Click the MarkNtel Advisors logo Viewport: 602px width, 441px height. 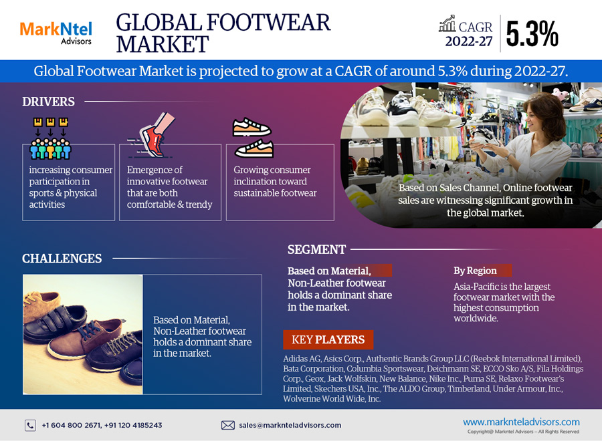(x=56, y=33)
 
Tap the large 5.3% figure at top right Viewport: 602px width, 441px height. (x=532, y=34)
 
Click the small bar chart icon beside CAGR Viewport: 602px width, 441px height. (x=447, y=23)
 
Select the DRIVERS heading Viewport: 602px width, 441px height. (x=48, y=102)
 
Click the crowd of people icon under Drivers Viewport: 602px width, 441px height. (x=50, y=138)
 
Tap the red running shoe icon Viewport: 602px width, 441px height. (x=152, y=135)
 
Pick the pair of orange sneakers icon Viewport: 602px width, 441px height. (x=253, y=138)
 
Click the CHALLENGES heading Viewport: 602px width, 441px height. (x=62, y=259)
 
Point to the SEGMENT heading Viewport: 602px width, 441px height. (x=317, y=250)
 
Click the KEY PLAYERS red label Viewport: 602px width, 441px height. (x=328, y=339)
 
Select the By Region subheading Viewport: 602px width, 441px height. (x=475, y=271)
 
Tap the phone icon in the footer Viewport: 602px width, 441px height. (x=30, y=425)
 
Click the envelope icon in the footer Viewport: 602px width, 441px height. (x=228, y=425)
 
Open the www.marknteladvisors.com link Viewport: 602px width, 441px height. (x=521, y=422)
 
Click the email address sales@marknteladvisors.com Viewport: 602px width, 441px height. (x=290, y=425)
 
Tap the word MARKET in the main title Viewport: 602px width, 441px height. (x=163, y=44)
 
